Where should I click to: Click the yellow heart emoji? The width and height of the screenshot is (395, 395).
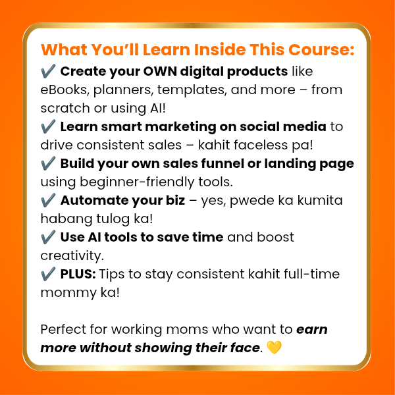pos(274,348)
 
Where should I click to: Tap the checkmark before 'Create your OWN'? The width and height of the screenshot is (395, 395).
pos(48,71)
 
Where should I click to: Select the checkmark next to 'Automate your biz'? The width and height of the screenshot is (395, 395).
pos(48,200)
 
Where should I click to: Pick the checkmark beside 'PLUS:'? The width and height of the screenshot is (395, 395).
pos(48,274)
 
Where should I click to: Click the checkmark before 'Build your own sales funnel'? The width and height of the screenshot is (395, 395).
pos(48,163)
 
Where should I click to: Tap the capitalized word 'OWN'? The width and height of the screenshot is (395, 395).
pos(160,71)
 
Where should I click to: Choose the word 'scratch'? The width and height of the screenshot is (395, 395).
pos(65,108)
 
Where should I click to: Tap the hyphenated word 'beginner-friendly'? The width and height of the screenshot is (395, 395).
pos(137,182)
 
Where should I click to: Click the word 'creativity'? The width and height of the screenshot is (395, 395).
pos(72,255)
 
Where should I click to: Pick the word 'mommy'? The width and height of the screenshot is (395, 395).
pos(68,293)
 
